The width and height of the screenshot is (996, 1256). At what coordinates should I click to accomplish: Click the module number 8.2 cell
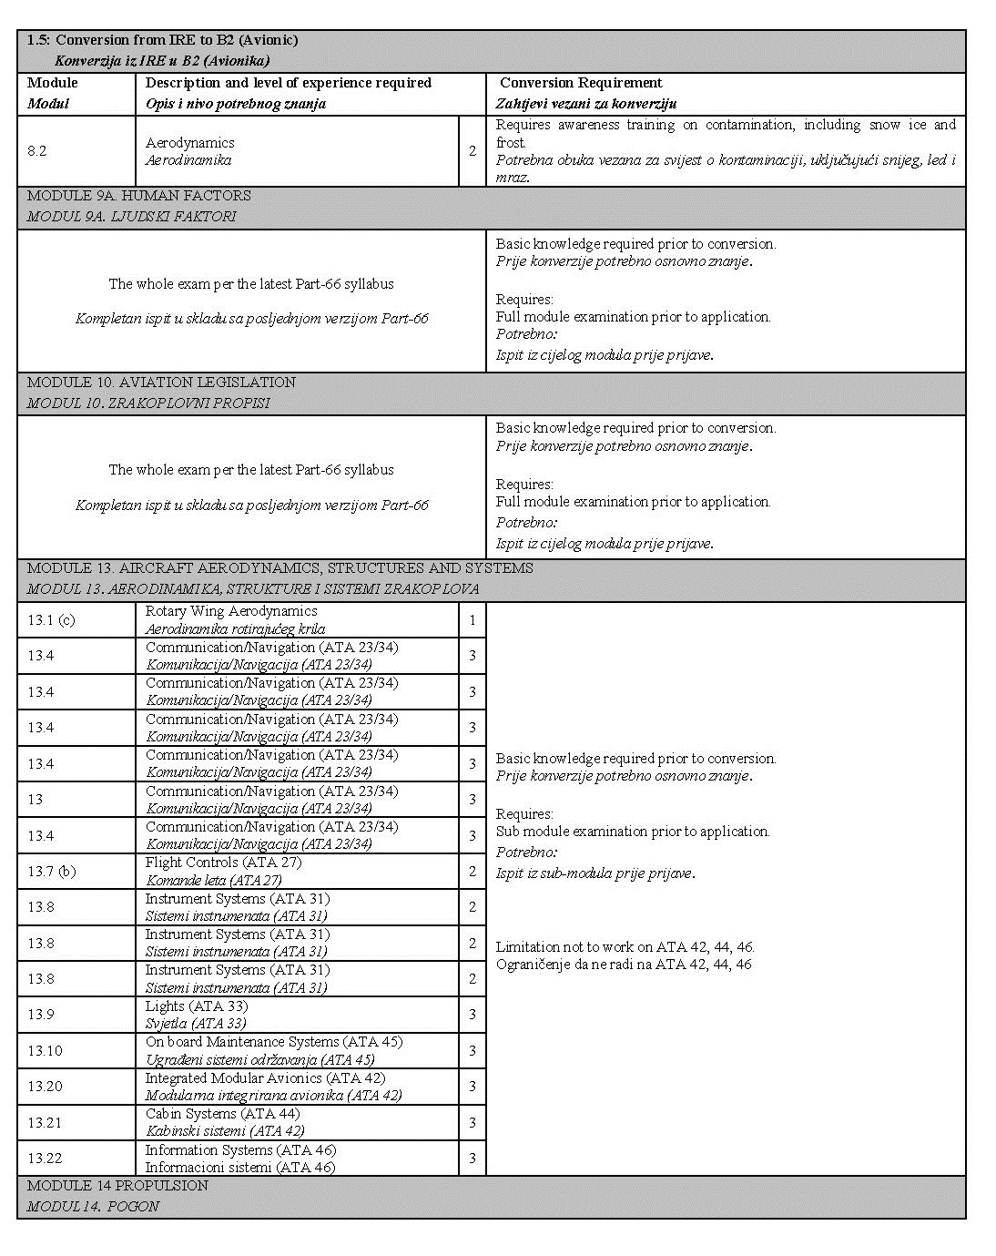click(x=37, y=151)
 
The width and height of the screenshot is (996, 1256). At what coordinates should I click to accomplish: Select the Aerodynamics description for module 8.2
click(x=189, y=143)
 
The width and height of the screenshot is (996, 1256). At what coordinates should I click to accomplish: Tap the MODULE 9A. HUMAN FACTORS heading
click(x=138, y=196)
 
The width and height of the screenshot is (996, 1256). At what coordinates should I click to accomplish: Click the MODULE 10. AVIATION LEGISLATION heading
click(x=161, y=383)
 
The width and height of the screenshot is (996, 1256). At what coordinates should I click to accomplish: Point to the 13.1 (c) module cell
click(x=51, y=620)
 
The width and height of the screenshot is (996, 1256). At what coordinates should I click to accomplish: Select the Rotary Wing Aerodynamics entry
click(x=231, y=611)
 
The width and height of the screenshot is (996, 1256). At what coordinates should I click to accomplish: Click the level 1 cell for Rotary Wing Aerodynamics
click(x=473, y=620)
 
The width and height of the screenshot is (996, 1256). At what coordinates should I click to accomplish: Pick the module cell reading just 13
click(x=36, y=800)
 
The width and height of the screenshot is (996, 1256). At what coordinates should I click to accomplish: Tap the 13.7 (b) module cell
click(x=51, y=872)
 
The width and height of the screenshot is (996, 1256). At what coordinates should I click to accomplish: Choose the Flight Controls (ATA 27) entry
click(x=223, y=863)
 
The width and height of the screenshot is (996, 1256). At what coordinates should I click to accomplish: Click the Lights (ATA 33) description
click(x=196, y=1006)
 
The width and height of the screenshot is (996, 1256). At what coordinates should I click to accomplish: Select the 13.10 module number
click(x=45, y=1051)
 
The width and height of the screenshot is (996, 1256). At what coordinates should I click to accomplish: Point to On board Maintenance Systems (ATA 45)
click(x=273, y=1042)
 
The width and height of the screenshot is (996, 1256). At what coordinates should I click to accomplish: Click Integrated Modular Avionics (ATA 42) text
click(x=265, y=1078)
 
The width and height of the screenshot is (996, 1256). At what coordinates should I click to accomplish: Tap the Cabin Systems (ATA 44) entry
click(x=222, y=1114)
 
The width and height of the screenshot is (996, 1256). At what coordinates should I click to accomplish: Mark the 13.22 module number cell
click(x=45, y=1159)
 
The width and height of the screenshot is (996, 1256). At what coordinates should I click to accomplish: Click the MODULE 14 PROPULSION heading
click(x=117, y=1186)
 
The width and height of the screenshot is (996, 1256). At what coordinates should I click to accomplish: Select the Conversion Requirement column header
click(x=581, y=83)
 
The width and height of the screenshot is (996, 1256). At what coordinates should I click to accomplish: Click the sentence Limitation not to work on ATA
click(x=625, y=947)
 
